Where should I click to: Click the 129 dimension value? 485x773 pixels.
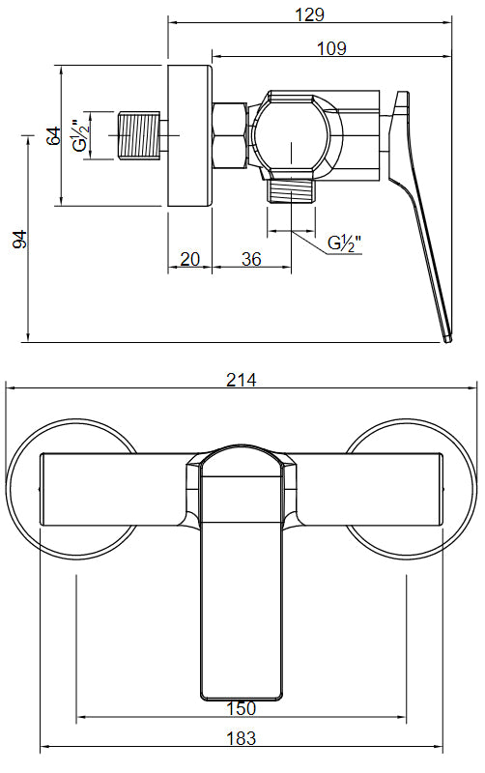click(310, 14)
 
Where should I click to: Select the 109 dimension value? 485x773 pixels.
click(329, 48)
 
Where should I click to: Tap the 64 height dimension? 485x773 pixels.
click(54, 134)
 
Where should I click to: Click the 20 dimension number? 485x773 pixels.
click(189, 259)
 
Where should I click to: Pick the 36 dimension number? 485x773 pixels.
click(251, 259)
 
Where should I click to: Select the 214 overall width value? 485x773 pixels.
click(241, 380)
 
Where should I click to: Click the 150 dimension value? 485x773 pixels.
click(242, 709)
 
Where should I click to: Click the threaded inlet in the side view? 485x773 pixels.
click(137, 135)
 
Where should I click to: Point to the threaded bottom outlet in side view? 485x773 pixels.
click(291, 189)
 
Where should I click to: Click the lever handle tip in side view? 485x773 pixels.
click(445, 333)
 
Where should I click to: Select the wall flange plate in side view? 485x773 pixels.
click(189, 135)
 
